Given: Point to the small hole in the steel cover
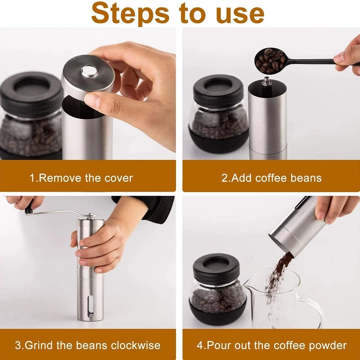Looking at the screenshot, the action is (90, 71).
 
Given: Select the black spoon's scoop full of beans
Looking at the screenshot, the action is (270, 61).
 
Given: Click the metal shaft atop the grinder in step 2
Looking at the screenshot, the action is (266, 82).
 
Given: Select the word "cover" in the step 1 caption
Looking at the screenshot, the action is (118, 178).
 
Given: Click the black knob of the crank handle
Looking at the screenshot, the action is (29, 208).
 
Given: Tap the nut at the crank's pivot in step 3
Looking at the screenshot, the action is (91, 216).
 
